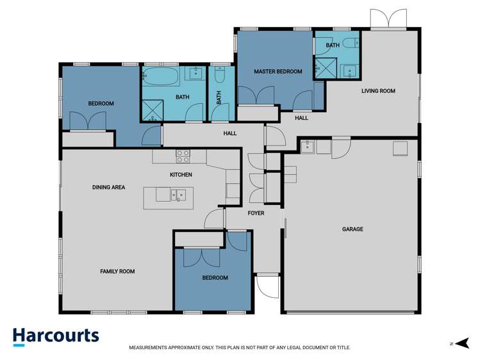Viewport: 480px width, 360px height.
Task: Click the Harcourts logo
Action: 56,336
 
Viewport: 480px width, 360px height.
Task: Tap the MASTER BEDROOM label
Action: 277,71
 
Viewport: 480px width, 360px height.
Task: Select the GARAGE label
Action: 352,229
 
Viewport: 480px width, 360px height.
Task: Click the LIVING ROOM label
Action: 378,91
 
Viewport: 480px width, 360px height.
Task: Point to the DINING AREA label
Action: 108,188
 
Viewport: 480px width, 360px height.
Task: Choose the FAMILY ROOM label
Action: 117,272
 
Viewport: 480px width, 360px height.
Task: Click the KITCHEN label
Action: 181,175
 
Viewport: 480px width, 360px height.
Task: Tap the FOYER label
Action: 255,213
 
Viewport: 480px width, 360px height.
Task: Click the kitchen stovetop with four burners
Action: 183,156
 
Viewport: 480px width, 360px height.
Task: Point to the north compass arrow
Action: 464,343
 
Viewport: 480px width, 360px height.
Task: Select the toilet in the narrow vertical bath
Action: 219,77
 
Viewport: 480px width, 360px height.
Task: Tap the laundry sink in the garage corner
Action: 308,147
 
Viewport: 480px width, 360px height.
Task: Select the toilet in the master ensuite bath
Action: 349,44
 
